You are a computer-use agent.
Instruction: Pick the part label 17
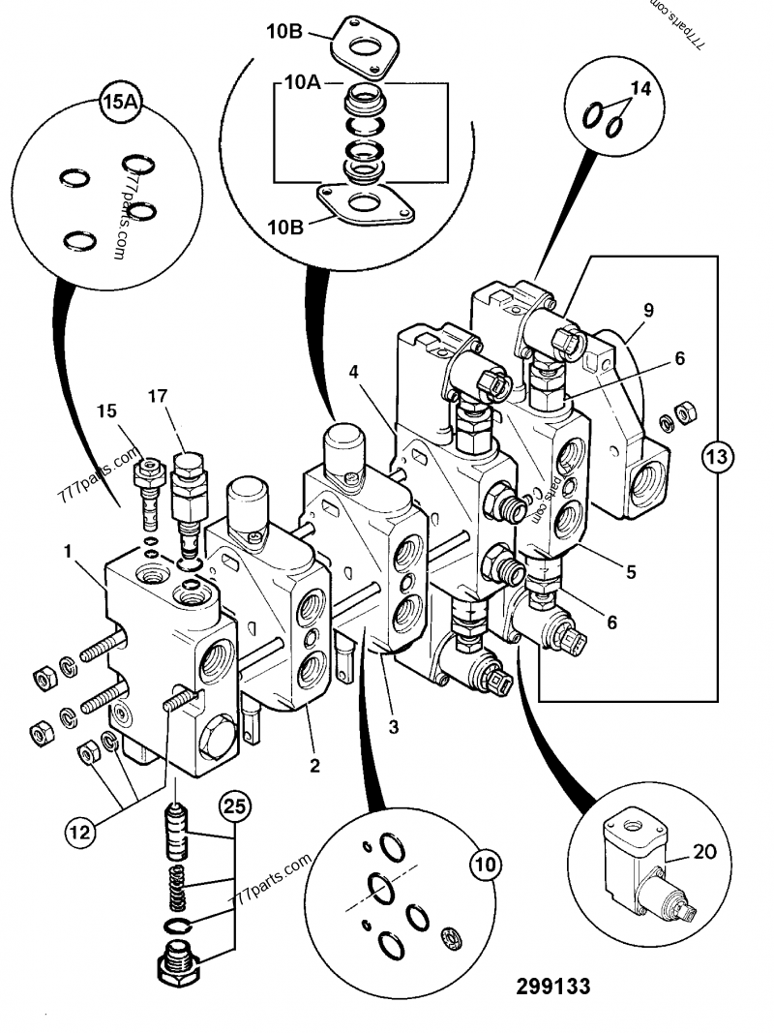pos(159,395)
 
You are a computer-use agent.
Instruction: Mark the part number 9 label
pos(648,311)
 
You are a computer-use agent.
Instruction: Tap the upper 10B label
pos(285,33)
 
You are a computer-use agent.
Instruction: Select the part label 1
pos(69,551)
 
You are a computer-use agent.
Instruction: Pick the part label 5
pos(630,571)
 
